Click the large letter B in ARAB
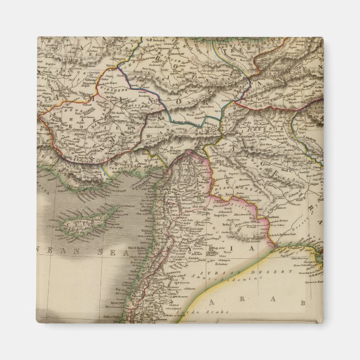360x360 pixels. [301, 303]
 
